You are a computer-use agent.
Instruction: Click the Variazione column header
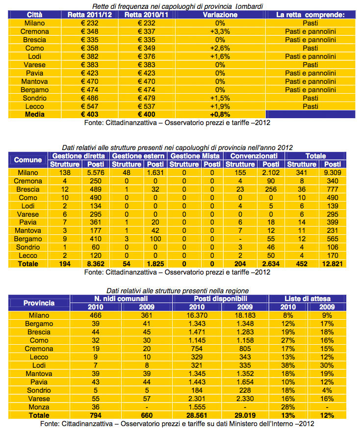[220, 15]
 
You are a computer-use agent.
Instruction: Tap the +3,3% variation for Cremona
[220, 31]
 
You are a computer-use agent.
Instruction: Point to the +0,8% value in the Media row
[220, 114]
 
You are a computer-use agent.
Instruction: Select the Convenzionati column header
[251, 156]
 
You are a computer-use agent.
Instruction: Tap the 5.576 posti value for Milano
[92, 173]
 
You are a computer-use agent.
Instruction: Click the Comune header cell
[28, 160]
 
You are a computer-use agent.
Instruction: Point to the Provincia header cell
[39, 303]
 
